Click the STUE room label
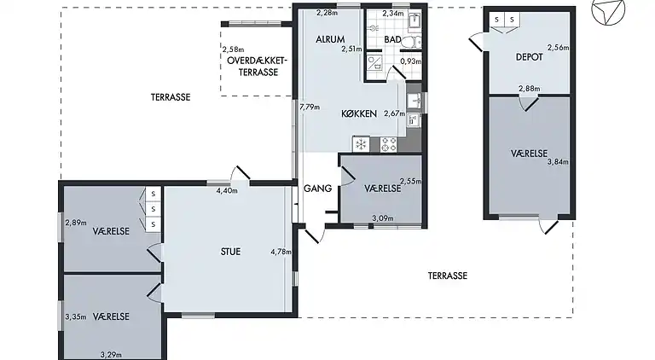click(229, 252)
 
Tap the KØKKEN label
click(359, 113)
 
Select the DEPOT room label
click(530, 57)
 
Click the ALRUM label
click(330, 40)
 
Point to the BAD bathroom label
click(393, 40)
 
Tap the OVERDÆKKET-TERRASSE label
click(258, 66)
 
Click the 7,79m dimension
click(310, 107)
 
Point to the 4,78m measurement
click(280, 252)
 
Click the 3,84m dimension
click(557, 160)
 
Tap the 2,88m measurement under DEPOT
click(530, 89)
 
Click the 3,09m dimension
click(384, 219)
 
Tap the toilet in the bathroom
click(410, 40)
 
